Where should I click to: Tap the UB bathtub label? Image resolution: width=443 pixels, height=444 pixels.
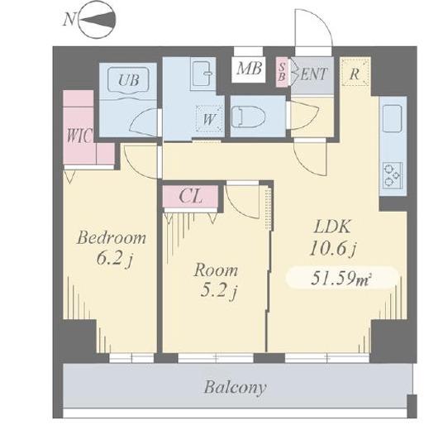coord(129,79)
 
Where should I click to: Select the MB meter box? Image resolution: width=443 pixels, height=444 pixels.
coord(249,69)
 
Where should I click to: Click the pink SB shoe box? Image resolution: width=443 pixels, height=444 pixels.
coord(282,72)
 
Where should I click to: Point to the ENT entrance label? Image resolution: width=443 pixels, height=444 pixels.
coord(313,74)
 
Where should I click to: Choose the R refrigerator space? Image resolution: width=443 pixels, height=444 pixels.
coord(355,72)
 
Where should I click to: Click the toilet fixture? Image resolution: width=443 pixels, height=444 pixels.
coord(248,117)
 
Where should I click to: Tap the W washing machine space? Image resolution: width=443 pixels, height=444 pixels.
coord(209,118)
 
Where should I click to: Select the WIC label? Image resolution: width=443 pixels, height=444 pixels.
coord(79,136)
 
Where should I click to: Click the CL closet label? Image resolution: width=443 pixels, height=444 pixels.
coord(190,196)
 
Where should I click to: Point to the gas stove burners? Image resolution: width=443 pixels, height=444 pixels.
coord(393,175)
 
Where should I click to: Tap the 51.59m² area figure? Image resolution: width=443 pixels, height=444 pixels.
coord(341,278)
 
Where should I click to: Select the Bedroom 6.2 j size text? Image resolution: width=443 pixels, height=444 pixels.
coord(112,248)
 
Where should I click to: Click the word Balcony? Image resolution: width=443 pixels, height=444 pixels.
coord(235,387)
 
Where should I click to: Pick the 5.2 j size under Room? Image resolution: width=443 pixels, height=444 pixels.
coord(218,290)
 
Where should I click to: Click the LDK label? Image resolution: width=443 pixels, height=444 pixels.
coord(332,227)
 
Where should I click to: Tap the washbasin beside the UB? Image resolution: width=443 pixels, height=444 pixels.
coord(202,74)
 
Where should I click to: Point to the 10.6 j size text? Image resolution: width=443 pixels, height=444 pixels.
coord(333,250)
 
